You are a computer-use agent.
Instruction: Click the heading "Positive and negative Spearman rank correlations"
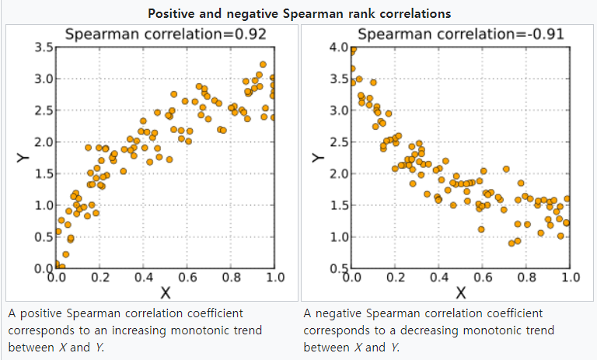[298, 14]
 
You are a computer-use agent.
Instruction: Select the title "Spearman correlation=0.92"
[165, 34]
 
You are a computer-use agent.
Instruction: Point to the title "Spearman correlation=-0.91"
[460, 34]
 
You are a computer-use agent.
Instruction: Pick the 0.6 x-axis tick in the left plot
[187, 277]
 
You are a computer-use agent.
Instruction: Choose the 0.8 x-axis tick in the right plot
[527, 277]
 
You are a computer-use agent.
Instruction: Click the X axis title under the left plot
[165, 292]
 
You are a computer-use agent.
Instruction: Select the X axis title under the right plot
[461, 292]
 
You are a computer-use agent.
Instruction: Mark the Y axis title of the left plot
[22, 159]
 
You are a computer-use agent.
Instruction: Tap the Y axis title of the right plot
[317, 159]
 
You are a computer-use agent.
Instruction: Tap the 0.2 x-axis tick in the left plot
[100, 277]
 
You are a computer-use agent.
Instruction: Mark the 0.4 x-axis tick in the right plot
[439, 277]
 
